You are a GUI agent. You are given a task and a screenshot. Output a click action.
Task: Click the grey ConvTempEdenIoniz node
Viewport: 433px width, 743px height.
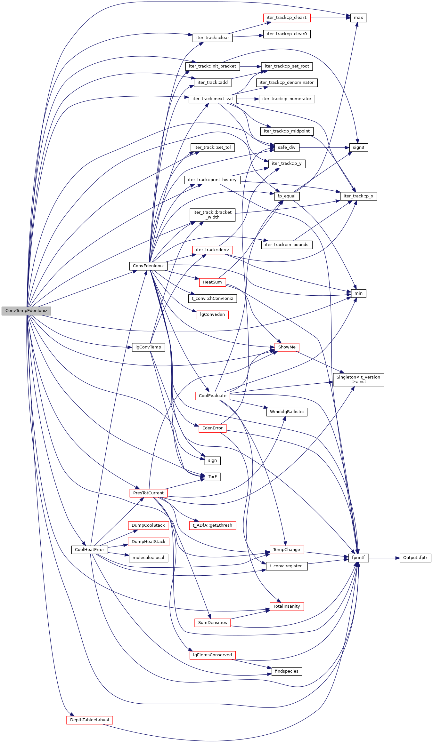click(26, 311)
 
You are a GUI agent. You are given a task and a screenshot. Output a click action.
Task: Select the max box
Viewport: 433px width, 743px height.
click(358, 18)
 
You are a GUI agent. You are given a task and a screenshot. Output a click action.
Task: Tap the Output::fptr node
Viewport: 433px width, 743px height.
click(415, 558)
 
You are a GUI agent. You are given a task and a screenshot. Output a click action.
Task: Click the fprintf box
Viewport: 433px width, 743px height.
click(358, 558)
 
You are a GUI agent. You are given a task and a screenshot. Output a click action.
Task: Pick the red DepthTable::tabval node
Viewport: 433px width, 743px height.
click(90, 720)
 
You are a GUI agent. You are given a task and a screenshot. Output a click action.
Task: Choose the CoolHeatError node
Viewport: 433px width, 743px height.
click(89, 550)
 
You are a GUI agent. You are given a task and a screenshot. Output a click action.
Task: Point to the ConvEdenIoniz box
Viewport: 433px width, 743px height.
click(148, 266)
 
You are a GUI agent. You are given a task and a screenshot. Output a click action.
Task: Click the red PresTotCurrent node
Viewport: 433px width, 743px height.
click(148, 493)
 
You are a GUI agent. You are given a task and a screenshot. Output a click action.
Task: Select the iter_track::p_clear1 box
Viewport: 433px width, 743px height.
click(287, 18)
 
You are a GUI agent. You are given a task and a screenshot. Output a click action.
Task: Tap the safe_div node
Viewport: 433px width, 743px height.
click(287, 148)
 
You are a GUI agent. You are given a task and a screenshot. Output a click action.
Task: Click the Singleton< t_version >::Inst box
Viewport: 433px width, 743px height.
click(358, 379)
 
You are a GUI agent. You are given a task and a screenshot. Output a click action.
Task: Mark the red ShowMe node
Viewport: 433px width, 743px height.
click(287, 347)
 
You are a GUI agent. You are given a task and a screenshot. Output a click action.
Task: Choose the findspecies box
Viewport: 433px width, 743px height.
click(287, 671)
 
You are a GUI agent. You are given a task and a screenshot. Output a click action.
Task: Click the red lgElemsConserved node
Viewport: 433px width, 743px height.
click(212, 655)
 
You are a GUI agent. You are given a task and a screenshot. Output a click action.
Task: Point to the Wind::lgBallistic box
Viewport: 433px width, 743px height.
click(287, 412)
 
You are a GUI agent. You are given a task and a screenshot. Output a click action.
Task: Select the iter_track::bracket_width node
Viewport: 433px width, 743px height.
click(212, 215)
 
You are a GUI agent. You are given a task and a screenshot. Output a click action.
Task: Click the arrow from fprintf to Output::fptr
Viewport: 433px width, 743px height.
click(384, 558)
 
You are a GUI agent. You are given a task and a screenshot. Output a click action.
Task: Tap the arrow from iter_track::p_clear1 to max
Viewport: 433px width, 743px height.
click(330, 18)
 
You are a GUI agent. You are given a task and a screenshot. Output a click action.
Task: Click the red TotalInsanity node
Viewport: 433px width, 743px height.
click(287, 606)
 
